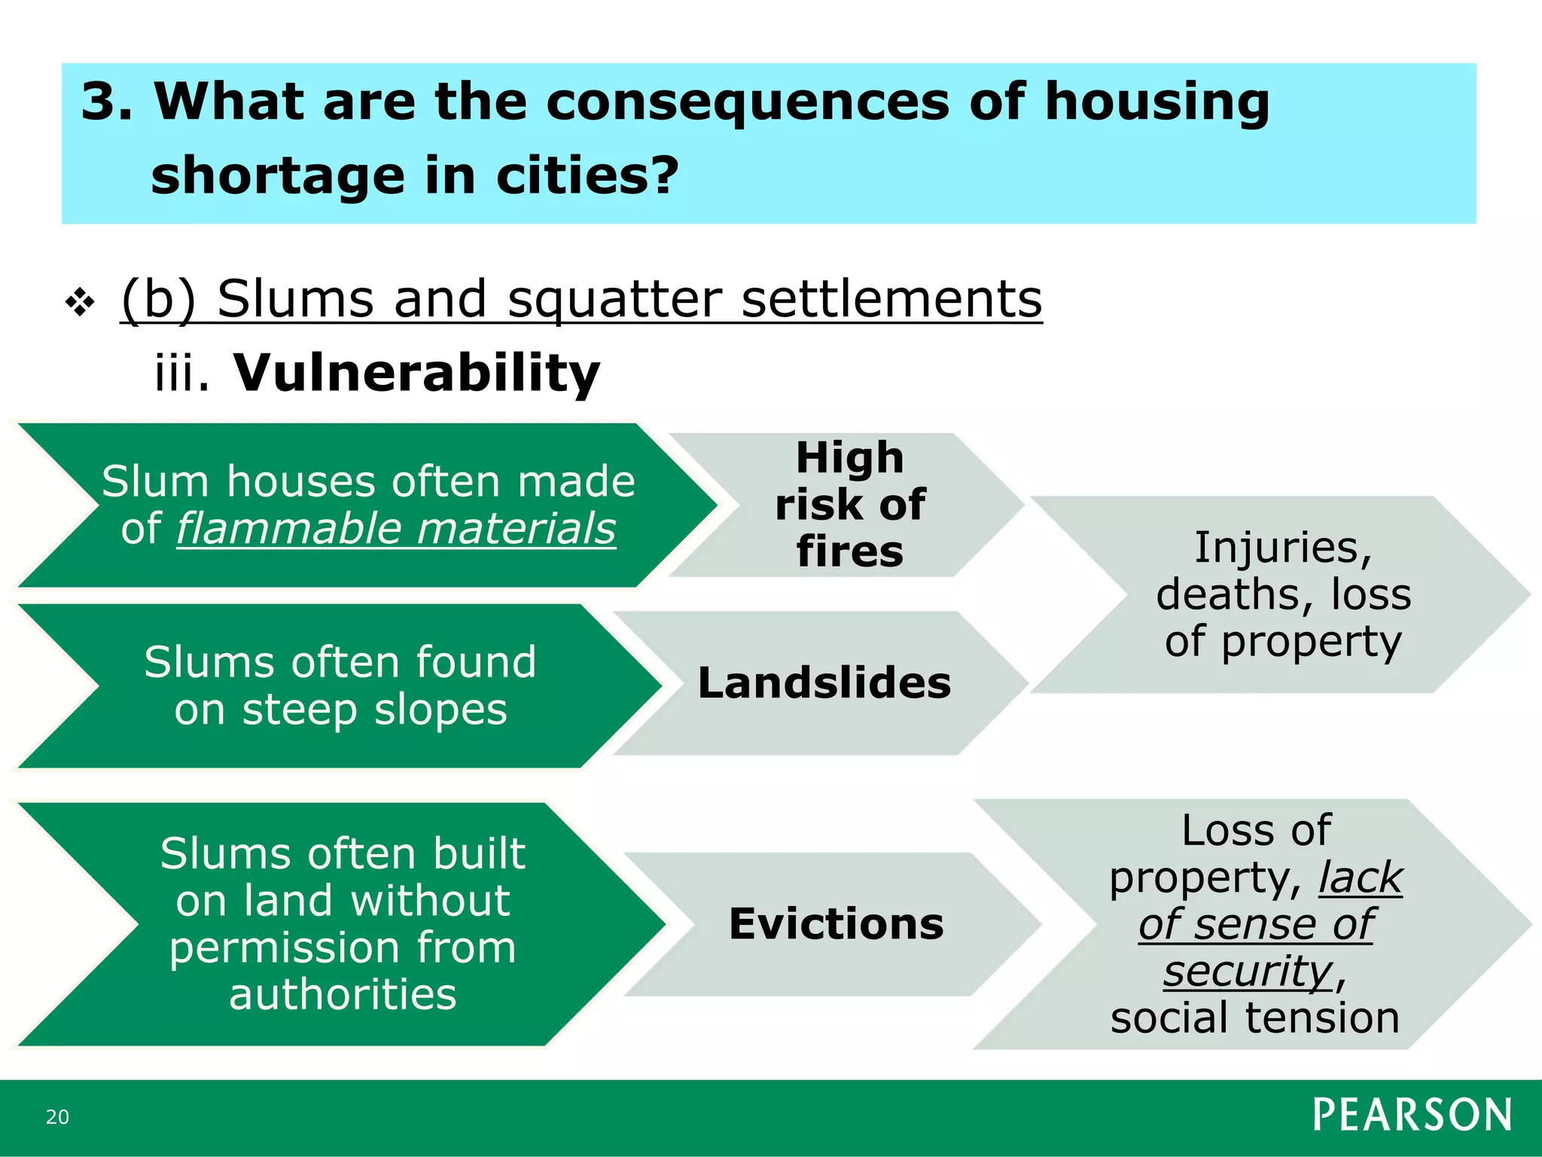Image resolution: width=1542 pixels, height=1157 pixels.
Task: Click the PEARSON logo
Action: pyautogui.click(x=1412, y=1114)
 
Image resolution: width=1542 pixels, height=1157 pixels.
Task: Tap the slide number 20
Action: pyautogui.click(x=57, y=1117)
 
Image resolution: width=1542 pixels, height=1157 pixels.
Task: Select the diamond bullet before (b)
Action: pyautogui.click(x=80, y=303)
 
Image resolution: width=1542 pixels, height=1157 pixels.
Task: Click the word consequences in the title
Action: pyautogui.click(x=747, y=102)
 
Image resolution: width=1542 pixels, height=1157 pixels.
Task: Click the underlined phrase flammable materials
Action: pyautogui.click(x=396, y=528)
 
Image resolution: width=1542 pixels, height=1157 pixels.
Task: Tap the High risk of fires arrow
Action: pyautogui.click(x=849, y=505)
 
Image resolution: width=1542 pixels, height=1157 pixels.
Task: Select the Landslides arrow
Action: pyautogui.click(x=824, y=683)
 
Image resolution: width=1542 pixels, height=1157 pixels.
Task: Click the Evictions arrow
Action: pyautogui.click(x=835, y=924)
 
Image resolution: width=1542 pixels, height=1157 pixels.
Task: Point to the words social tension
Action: pyautogui.click(x=1254, y=1018)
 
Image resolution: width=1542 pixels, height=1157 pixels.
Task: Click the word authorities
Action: pyautogui.click(x=343, y=995)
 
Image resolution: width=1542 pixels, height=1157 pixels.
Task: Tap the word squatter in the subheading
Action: pyautogui.click(x=614, y=299)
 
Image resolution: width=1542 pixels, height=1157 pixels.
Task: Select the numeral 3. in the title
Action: pyautogui.click(x=106, y=102)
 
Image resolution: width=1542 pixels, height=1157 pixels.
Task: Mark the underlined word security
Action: pyautogui.click(x=1248, y=971)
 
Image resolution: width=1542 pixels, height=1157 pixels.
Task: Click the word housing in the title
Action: pyautogui.click(x=1156, y=102)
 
